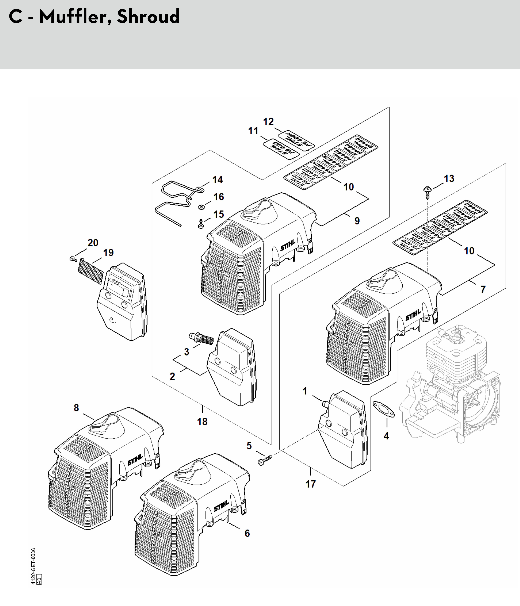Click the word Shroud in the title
pos(148,17)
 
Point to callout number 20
pos(93,243)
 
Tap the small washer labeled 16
pos(201,207)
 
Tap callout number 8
pos(76,408)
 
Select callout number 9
pos(357,221)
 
